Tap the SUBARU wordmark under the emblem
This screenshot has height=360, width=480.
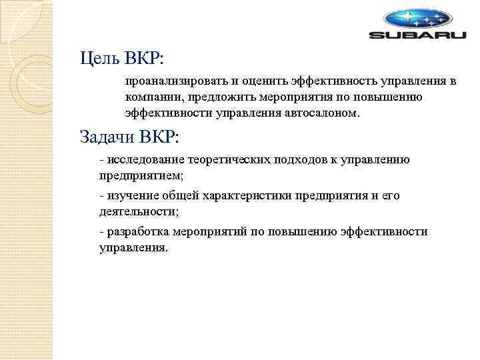click(418, 35)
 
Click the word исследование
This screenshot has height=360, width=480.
click(143, 160)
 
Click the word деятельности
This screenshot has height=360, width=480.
click(138, 212)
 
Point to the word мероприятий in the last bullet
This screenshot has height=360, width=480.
click(211, 232)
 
